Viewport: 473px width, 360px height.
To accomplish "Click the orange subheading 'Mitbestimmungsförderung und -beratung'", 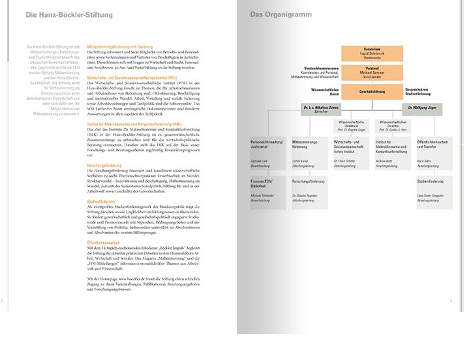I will (125, 48).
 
